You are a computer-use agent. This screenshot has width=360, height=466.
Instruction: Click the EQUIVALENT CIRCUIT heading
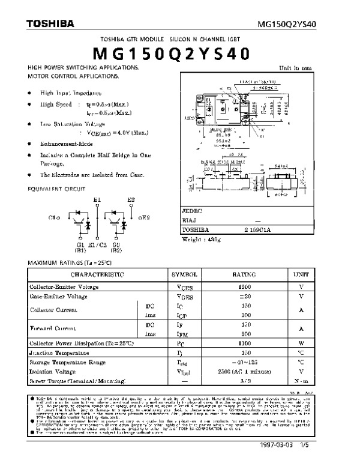pyautogui.click(x=55, y=189)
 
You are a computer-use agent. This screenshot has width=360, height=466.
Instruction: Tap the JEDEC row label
pyautogui.click(x=192, y=212)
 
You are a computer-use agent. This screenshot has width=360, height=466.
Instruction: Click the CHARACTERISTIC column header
pyautogui.click(x=97, y=274)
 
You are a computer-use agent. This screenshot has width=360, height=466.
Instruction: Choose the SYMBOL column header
pyautogui.click(x=184, y=274)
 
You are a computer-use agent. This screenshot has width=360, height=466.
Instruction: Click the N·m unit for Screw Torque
pyautogui.click(x=301, y=381)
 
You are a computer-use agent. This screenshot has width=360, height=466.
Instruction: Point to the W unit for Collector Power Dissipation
pyautogui.click(x=301, y=343)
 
